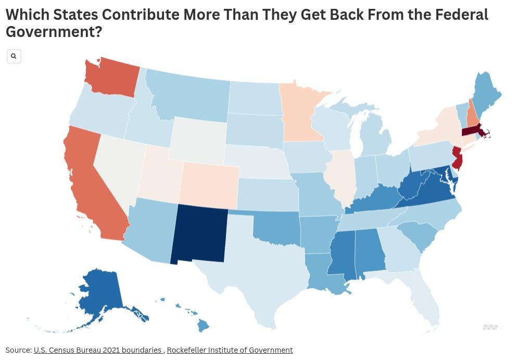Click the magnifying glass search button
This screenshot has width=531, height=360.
click(x=14, y=56)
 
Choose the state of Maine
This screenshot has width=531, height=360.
click(x=487, y=94)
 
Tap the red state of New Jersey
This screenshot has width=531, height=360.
click(x=457, y=157)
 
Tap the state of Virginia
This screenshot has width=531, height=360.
click(x=427, y=191)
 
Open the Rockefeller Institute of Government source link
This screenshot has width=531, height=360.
click(x=230, y=350)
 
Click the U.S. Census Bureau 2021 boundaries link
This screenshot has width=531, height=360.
click(x=97, y=350)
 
